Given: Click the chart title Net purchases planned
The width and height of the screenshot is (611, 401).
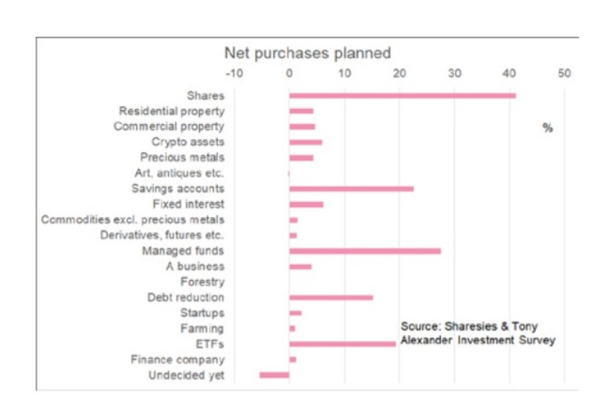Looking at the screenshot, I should pos(307,53).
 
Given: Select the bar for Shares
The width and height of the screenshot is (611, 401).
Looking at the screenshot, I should pos(402,95).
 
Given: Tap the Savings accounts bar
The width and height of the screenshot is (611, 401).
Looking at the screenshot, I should pos(351,189).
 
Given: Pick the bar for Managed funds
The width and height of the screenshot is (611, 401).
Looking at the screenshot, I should pos(364,251).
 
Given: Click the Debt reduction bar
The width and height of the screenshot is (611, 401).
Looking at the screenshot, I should pos(331,298).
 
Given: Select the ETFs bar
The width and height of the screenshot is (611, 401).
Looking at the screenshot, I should pos(342,344).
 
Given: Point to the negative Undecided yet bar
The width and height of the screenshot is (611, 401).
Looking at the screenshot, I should pos(274,375).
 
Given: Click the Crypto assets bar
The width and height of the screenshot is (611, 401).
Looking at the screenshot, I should pos(305,142).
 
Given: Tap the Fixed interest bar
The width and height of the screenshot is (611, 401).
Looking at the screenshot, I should pos(306,204).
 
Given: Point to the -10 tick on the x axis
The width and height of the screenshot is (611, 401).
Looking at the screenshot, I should pos(233,74).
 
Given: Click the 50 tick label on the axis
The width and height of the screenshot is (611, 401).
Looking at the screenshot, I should pos(564,74).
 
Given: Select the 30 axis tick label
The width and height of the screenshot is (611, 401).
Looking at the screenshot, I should pos(454,74).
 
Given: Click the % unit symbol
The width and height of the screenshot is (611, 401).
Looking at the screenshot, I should pos(548,128).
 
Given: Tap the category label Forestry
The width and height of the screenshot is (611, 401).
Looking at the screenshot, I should pos(202,282).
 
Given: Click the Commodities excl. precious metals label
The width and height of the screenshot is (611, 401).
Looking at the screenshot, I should pos(133,220).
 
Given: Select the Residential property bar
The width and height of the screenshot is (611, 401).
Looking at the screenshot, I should pos(301,111).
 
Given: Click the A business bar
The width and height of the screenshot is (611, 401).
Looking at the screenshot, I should pos(300,267).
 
